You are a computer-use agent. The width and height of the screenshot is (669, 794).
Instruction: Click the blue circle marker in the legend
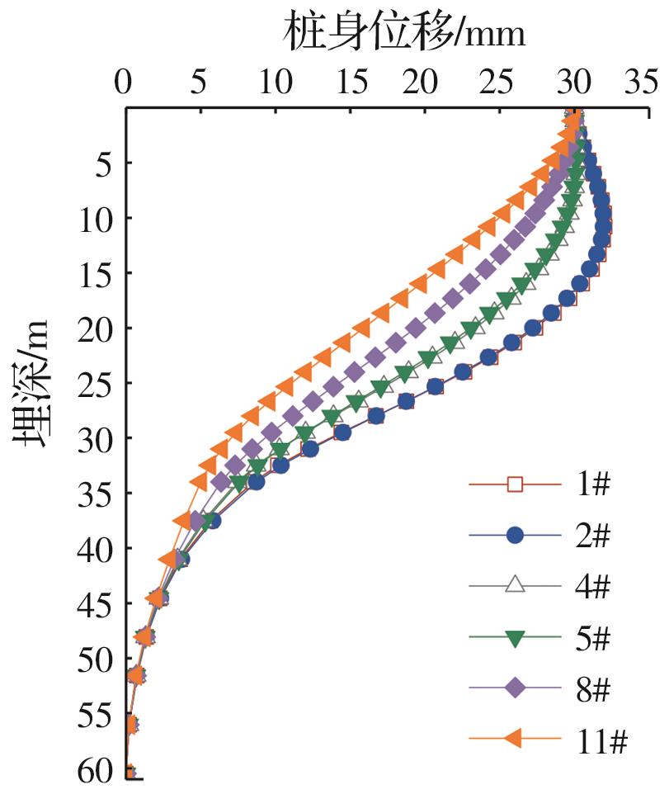(515, 536)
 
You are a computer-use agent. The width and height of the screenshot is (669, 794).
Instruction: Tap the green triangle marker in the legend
(515, 637)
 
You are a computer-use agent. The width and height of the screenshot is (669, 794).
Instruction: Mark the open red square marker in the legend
(515, 484)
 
